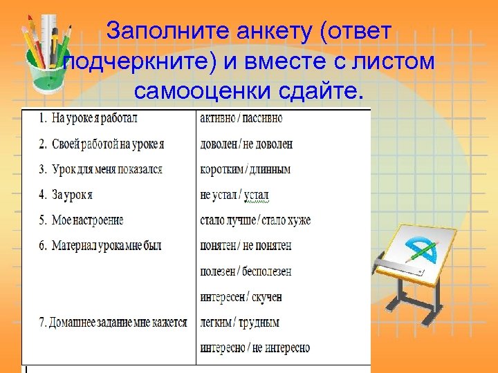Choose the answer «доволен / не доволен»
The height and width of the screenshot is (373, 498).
coord(246,144)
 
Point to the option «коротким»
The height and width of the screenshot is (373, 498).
coord(221,169)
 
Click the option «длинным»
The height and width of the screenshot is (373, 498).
coord(269,169)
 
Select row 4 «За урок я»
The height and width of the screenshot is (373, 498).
coord(72,195)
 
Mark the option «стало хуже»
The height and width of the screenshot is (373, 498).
coord(286,220)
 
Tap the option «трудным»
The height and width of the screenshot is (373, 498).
coord(261,323)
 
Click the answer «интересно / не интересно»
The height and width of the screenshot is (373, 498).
coord(255,347)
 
